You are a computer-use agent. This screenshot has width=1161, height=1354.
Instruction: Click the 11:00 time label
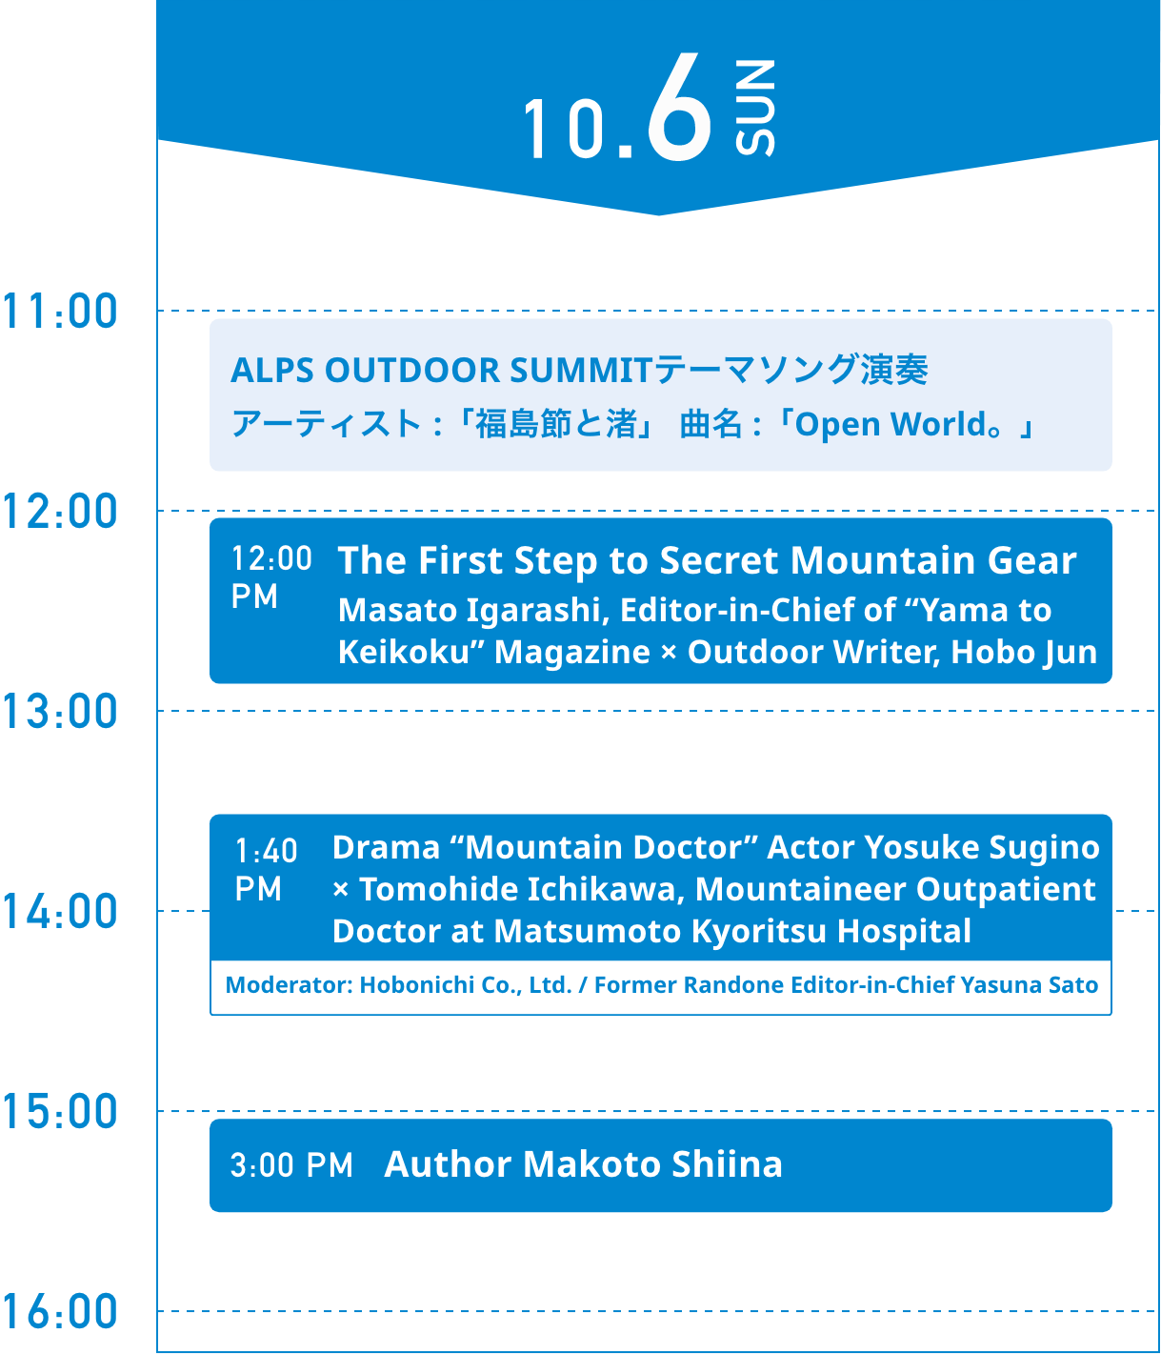pyautogui.click(x=60, y=311)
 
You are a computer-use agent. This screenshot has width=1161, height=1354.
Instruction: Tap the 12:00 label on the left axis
pyautogui.click(x=60, y=511)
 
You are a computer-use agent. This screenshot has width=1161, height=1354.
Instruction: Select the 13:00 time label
pyautogui.click(x=60, y=711)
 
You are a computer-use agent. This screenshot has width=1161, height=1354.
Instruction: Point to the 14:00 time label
pyautogui.click(x=60, y=911)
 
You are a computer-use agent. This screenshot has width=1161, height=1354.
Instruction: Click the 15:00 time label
pyautogui.click(x=60, y=1112)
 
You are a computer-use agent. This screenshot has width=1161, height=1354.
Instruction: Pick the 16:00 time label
pyautogui.click(x=60, y=1311)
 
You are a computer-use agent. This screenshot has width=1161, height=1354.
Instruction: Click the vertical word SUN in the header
pyautogui.click(x=755, y=108)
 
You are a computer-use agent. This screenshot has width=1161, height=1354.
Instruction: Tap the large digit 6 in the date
pyautogui.click(x=679, y=107)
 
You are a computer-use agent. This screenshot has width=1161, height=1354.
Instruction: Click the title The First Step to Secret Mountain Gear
pyautogui.click(x=707, y=560)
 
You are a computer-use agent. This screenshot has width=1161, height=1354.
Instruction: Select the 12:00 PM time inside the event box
pyautogui.click(x=271, y=577)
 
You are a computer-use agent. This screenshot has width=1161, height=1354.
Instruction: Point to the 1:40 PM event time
pyautogui.click(x=266, y=870)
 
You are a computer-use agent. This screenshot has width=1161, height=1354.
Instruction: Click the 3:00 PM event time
pyautogui.click(x=291, y=1166)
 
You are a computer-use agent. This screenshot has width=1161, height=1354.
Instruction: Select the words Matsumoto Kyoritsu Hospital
pyautogui.click(x=732, y=932)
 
